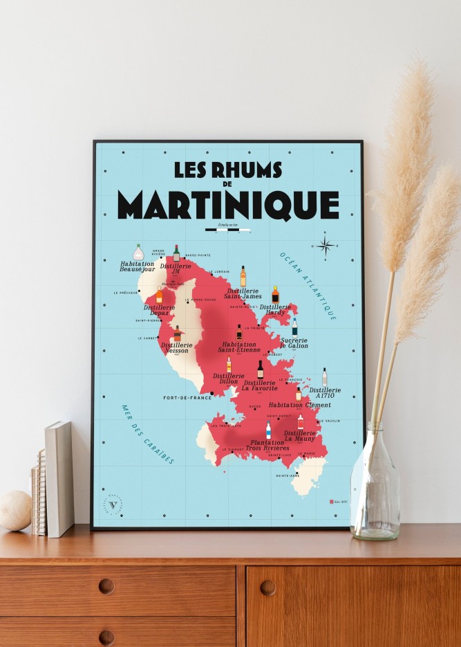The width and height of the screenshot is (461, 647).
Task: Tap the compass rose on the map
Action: pos(326,244)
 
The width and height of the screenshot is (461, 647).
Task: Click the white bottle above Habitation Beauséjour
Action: pos(138,253)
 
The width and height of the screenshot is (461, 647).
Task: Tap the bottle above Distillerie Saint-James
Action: pos(243,276)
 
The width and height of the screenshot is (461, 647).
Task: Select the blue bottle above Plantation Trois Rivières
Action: pos(268,430)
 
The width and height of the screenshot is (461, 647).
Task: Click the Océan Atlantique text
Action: pos(308,284)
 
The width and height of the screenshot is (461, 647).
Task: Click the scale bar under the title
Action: pos(228,230)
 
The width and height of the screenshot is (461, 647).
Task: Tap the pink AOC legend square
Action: pos(331,500)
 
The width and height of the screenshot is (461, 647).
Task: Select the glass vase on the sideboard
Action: pos(375,484)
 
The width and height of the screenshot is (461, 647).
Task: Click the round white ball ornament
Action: pos(15,511)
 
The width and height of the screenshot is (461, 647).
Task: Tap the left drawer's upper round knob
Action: pos(106,586)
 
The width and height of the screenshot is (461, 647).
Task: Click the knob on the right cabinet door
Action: pos(267,587)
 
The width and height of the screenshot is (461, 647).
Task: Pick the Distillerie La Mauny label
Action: pos(300,436)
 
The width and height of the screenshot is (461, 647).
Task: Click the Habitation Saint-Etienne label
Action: pos(240,348)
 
